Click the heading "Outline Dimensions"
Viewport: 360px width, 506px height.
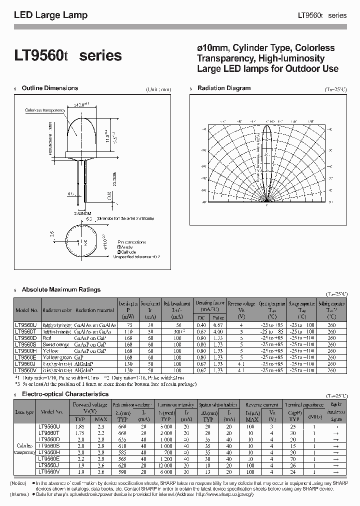tap(50, 88)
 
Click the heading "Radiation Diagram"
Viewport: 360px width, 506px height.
tap(224, 88)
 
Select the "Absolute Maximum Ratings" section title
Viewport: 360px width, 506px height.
tap(61, 289)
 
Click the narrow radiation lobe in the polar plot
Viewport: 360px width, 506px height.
tap(267, 160)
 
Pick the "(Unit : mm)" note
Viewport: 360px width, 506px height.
tap(158, 90)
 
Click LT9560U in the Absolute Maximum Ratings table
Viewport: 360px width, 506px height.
tap(26, 325)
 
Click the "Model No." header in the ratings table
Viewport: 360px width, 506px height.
tap(26, 310)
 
